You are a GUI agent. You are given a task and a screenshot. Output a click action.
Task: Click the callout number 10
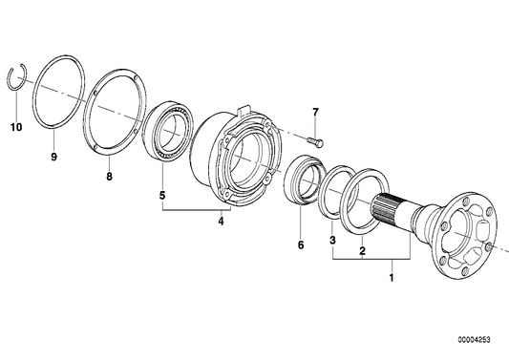(14, 127)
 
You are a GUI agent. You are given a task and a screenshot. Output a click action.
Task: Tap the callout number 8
(109, 177)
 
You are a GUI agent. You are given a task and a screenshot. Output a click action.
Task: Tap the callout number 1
(389, 278)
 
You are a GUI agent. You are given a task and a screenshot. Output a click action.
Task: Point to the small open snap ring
(21, 75)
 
